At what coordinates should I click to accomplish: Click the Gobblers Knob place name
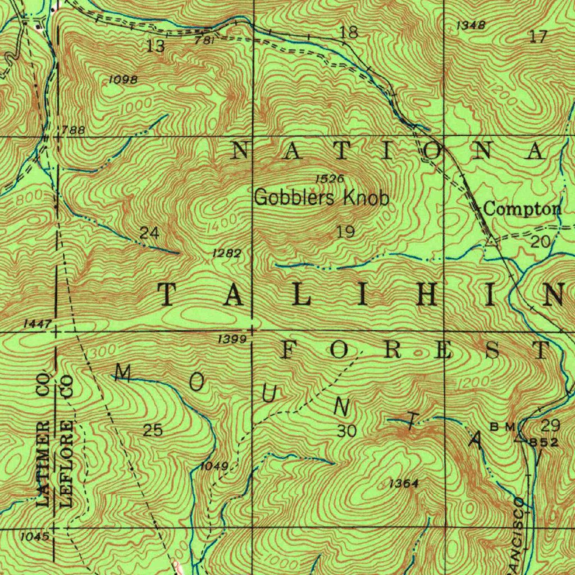321,198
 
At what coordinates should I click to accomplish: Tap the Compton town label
522,209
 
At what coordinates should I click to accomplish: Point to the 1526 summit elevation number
329,179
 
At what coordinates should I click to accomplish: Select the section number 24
149,232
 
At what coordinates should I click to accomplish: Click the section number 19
346,231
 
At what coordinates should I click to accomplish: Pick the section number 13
156,47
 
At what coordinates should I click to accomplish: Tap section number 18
349,33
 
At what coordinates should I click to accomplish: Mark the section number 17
537,37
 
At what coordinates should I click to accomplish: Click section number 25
153,430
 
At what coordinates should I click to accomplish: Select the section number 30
347,431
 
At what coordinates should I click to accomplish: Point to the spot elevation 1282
227,254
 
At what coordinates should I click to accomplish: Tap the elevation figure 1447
38,324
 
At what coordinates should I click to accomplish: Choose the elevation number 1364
404,483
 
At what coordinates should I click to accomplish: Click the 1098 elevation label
123,80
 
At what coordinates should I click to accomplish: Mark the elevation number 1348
470,25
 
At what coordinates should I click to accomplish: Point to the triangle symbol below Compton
492,242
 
